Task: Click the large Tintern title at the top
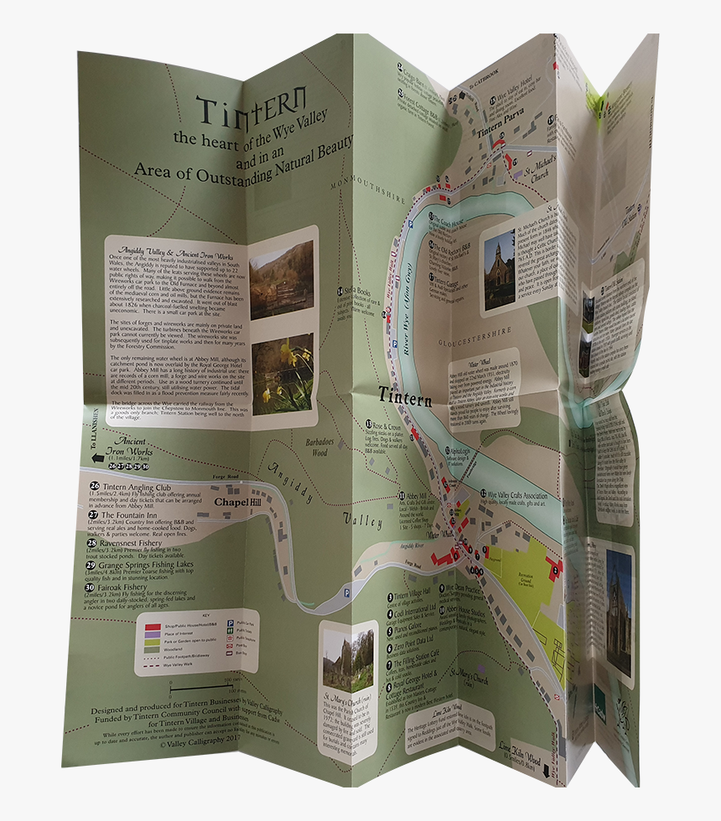[252, 106]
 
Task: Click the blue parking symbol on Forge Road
[347, 593]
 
